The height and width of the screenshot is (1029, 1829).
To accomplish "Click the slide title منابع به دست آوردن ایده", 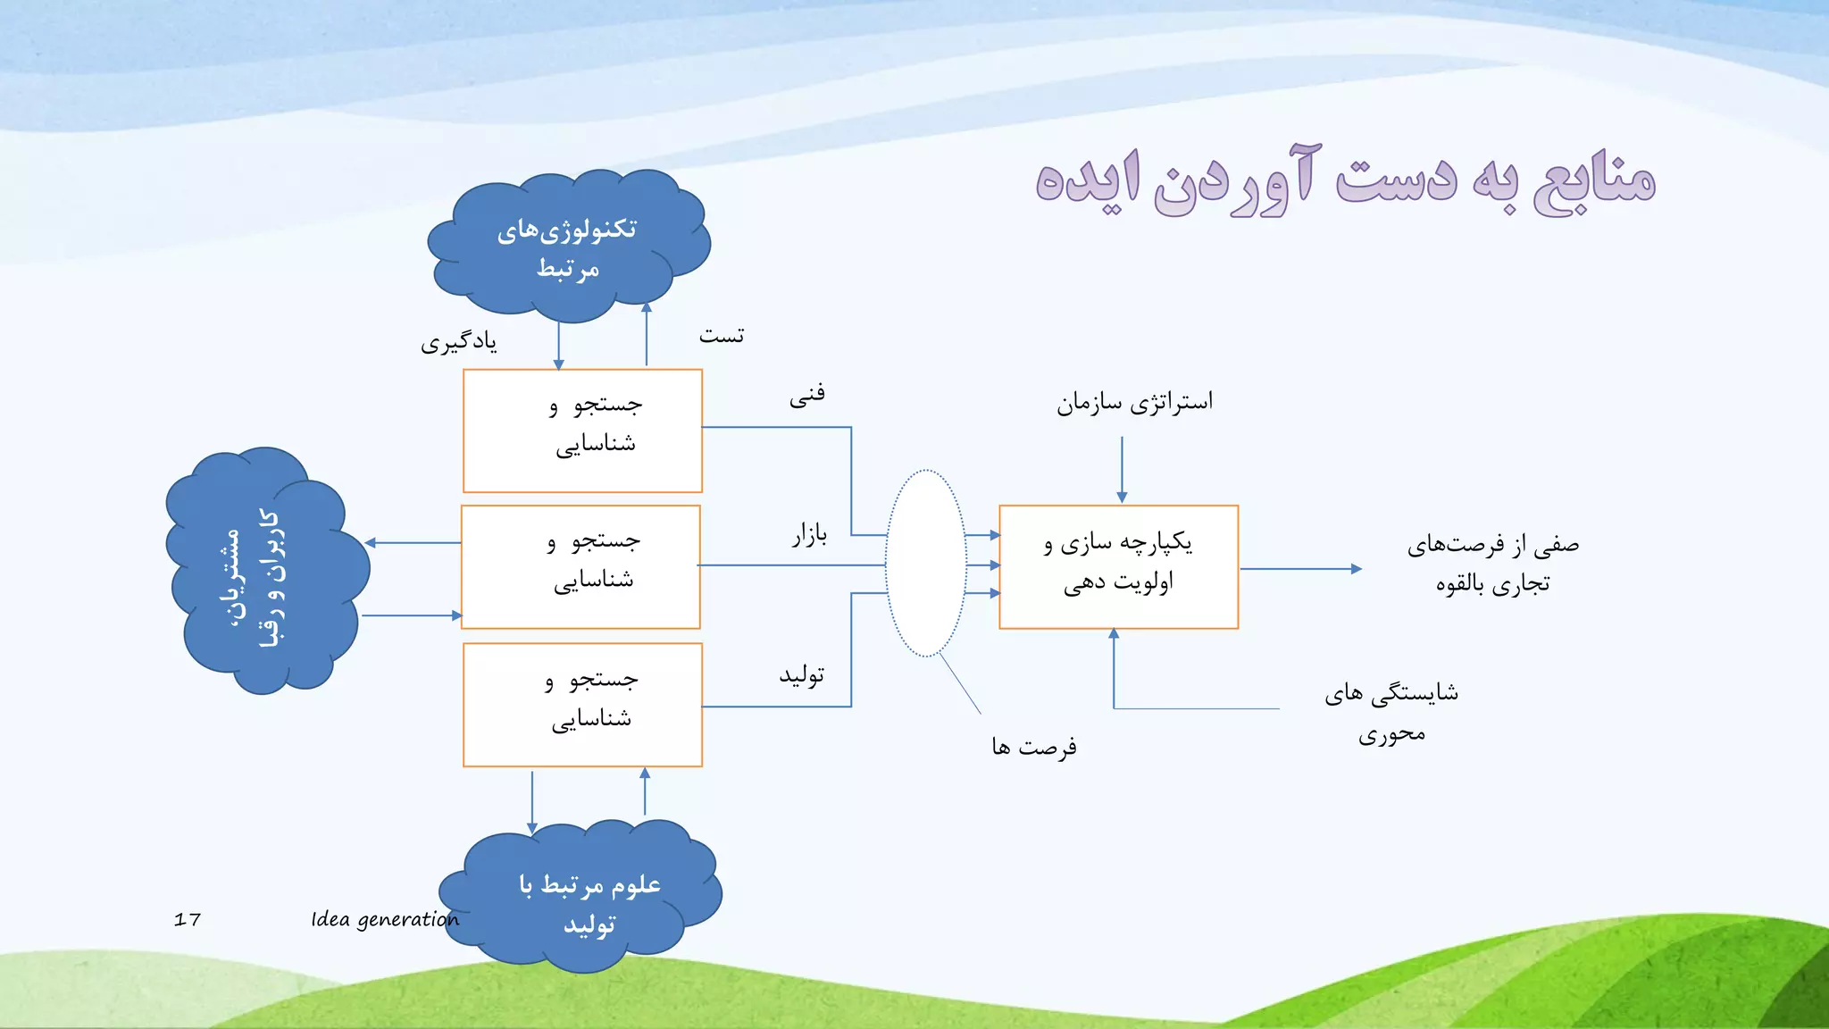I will point(1344,181).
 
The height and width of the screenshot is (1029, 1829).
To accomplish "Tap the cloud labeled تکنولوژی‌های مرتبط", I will point(568,247).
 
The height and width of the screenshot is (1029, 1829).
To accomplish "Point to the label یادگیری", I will point(459,342).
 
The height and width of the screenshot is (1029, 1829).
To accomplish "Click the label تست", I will point(721,336).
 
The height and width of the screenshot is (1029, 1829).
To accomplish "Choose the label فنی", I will point(806,395).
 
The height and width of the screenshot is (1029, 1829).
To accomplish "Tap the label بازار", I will point(809,535).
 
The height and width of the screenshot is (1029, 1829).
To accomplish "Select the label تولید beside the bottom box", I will point(801,675).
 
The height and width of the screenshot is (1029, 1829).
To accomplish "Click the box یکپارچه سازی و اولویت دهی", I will point(1118,566).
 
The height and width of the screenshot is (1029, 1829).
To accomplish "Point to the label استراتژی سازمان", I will point(1134,402).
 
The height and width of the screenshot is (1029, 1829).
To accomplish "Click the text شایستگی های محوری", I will point(1391,712).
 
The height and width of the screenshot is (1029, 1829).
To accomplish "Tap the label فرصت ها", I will point(1033,746).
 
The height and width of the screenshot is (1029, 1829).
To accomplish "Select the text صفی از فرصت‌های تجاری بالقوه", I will point(1492,564).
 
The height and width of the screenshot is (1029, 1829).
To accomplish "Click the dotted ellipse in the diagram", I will point(926,563).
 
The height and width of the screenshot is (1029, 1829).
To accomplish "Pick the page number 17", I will point(188,919).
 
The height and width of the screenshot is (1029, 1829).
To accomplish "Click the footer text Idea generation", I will point(384,919).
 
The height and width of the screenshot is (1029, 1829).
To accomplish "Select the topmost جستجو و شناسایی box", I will point(582,431).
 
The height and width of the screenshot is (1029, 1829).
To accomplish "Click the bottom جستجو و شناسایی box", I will point(582,704).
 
